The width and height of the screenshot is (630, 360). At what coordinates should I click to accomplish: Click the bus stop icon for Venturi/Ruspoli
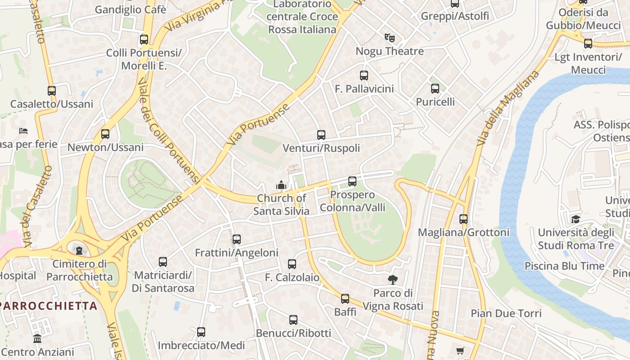point(321,135)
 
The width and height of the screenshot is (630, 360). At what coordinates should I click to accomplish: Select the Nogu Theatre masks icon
point(389,38)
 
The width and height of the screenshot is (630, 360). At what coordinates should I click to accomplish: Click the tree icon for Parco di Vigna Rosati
point(393,280)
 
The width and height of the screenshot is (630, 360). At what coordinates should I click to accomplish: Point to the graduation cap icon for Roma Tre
point(576,220)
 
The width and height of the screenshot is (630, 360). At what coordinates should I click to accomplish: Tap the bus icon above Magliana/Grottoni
point(463,219)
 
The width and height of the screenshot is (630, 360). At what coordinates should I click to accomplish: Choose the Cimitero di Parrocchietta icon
point(79,250)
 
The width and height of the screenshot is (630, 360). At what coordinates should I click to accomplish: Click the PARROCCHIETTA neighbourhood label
point(49,306)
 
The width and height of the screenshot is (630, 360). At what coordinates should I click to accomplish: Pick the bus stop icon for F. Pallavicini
point(364,76)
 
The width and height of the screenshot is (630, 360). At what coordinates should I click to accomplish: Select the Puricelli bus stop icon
point(435,89)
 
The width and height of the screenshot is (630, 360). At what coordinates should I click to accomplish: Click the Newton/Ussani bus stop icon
point(105,134)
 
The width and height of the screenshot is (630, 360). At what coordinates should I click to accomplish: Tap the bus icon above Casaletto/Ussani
point(52,91)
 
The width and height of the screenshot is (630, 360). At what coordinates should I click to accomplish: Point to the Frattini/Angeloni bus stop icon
point(237,239)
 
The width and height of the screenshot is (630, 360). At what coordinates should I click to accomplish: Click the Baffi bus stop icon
point(345,299)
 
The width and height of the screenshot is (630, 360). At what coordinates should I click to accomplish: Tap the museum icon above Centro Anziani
point(37,338)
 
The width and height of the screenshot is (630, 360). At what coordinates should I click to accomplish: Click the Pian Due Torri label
point(506,313)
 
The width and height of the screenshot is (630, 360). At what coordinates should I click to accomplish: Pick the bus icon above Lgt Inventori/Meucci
point(588,44)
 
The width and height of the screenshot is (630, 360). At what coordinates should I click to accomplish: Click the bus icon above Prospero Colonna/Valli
point(352,181)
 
